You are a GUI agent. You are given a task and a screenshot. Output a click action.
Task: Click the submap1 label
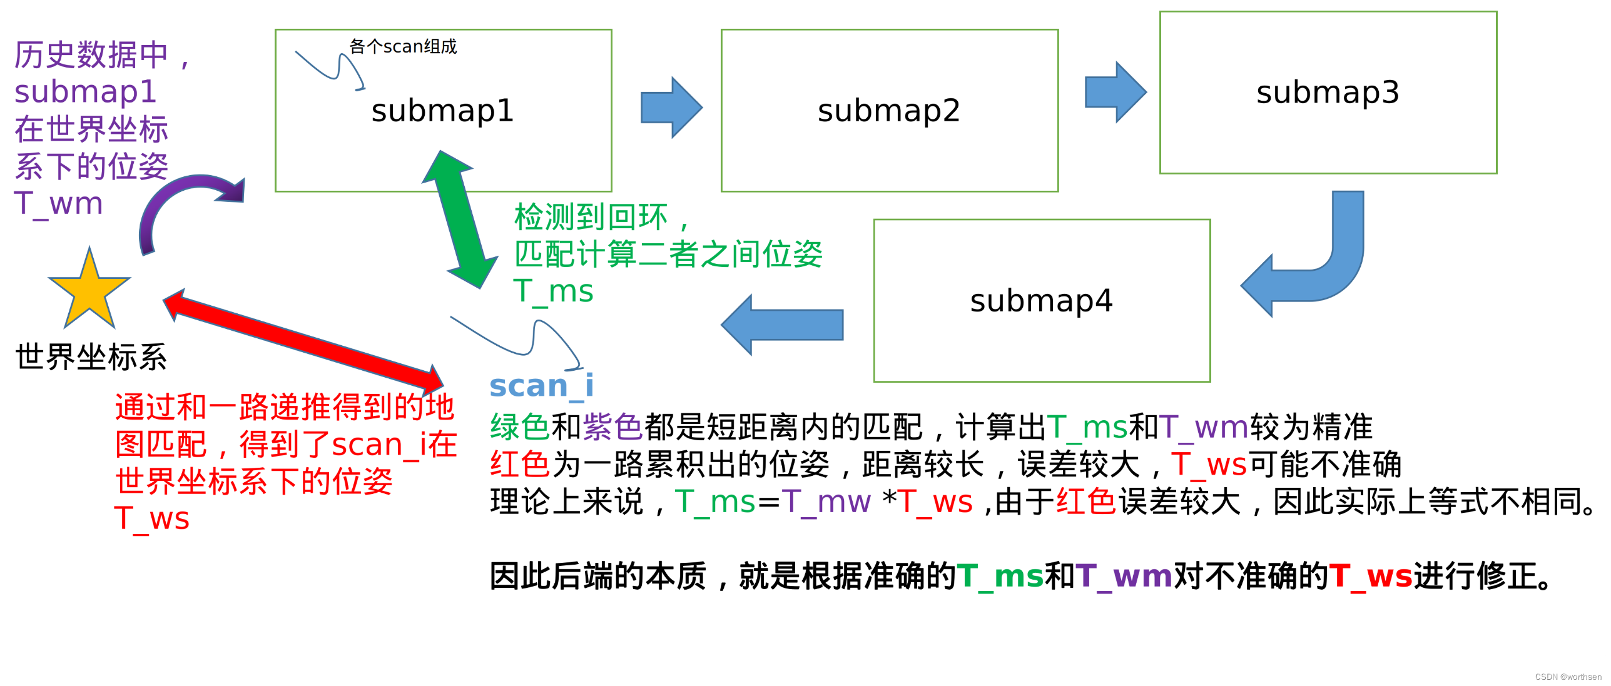click(x=442, y=111)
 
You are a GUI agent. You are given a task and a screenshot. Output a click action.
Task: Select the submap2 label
click(x=888, y=111)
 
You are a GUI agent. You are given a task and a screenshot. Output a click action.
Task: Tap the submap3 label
click(x=1328, y=93)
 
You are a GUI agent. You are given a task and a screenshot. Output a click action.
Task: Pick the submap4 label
click(x=1041, y=301)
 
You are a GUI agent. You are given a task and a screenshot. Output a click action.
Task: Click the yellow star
click(x=89, y=291)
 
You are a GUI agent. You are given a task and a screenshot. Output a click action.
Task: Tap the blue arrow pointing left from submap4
click(x=782, y=325)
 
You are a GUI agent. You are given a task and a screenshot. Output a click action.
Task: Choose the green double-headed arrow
click(x=460, y=219)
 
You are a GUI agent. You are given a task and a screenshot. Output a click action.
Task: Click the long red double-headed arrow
click(x=303, y=340)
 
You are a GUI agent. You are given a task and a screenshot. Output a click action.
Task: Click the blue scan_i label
click(x=541, y=386)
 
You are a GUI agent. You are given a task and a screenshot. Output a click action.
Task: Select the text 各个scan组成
click(x=403, y=46)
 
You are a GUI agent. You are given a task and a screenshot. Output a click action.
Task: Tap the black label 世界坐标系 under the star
click(x=91, y=357)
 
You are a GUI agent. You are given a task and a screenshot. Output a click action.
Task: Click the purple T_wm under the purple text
click(x=58, y=204)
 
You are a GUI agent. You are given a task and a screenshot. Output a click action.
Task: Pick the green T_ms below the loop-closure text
click(x=553, y=291)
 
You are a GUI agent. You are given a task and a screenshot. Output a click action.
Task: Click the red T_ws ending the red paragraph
click(x=151, y=518)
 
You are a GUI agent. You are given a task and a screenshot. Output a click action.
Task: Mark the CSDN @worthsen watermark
click(x=1567, y=677)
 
